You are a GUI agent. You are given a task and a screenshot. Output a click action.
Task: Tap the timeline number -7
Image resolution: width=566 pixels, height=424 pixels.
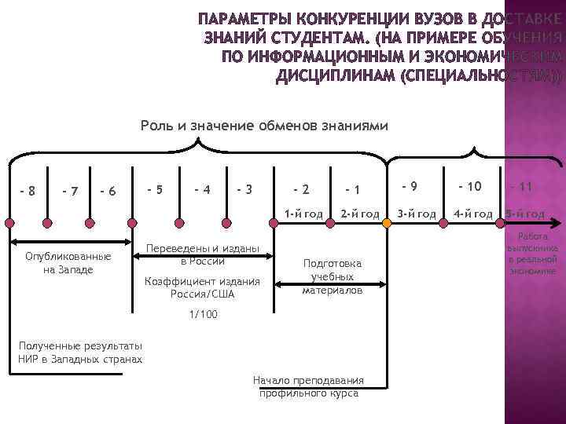point(69,191)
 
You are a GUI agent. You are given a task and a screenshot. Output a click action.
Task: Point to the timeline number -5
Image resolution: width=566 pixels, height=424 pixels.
point(156,188)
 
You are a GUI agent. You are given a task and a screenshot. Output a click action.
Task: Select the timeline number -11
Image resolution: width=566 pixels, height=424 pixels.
point(521,186)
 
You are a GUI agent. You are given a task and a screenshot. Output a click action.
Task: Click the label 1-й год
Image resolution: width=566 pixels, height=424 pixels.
point(303,214)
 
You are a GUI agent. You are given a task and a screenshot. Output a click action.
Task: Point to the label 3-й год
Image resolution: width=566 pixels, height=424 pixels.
point(416,214)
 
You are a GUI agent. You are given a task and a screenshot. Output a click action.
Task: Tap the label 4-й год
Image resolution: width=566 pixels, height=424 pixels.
point(472,214)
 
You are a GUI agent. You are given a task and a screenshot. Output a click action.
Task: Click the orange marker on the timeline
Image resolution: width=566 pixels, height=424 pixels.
point(387,223)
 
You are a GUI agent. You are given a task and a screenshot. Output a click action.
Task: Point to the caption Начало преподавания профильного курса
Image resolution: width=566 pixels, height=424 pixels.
point(309,386)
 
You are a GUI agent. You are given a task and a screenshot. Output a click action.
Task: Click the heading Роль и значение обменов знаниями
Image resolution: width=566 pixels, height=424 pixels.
point(264,126)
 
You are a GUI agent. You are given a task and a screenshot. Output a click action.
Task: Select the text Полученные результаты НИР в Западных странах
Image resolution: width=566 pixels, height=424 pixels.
point(80,352)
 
